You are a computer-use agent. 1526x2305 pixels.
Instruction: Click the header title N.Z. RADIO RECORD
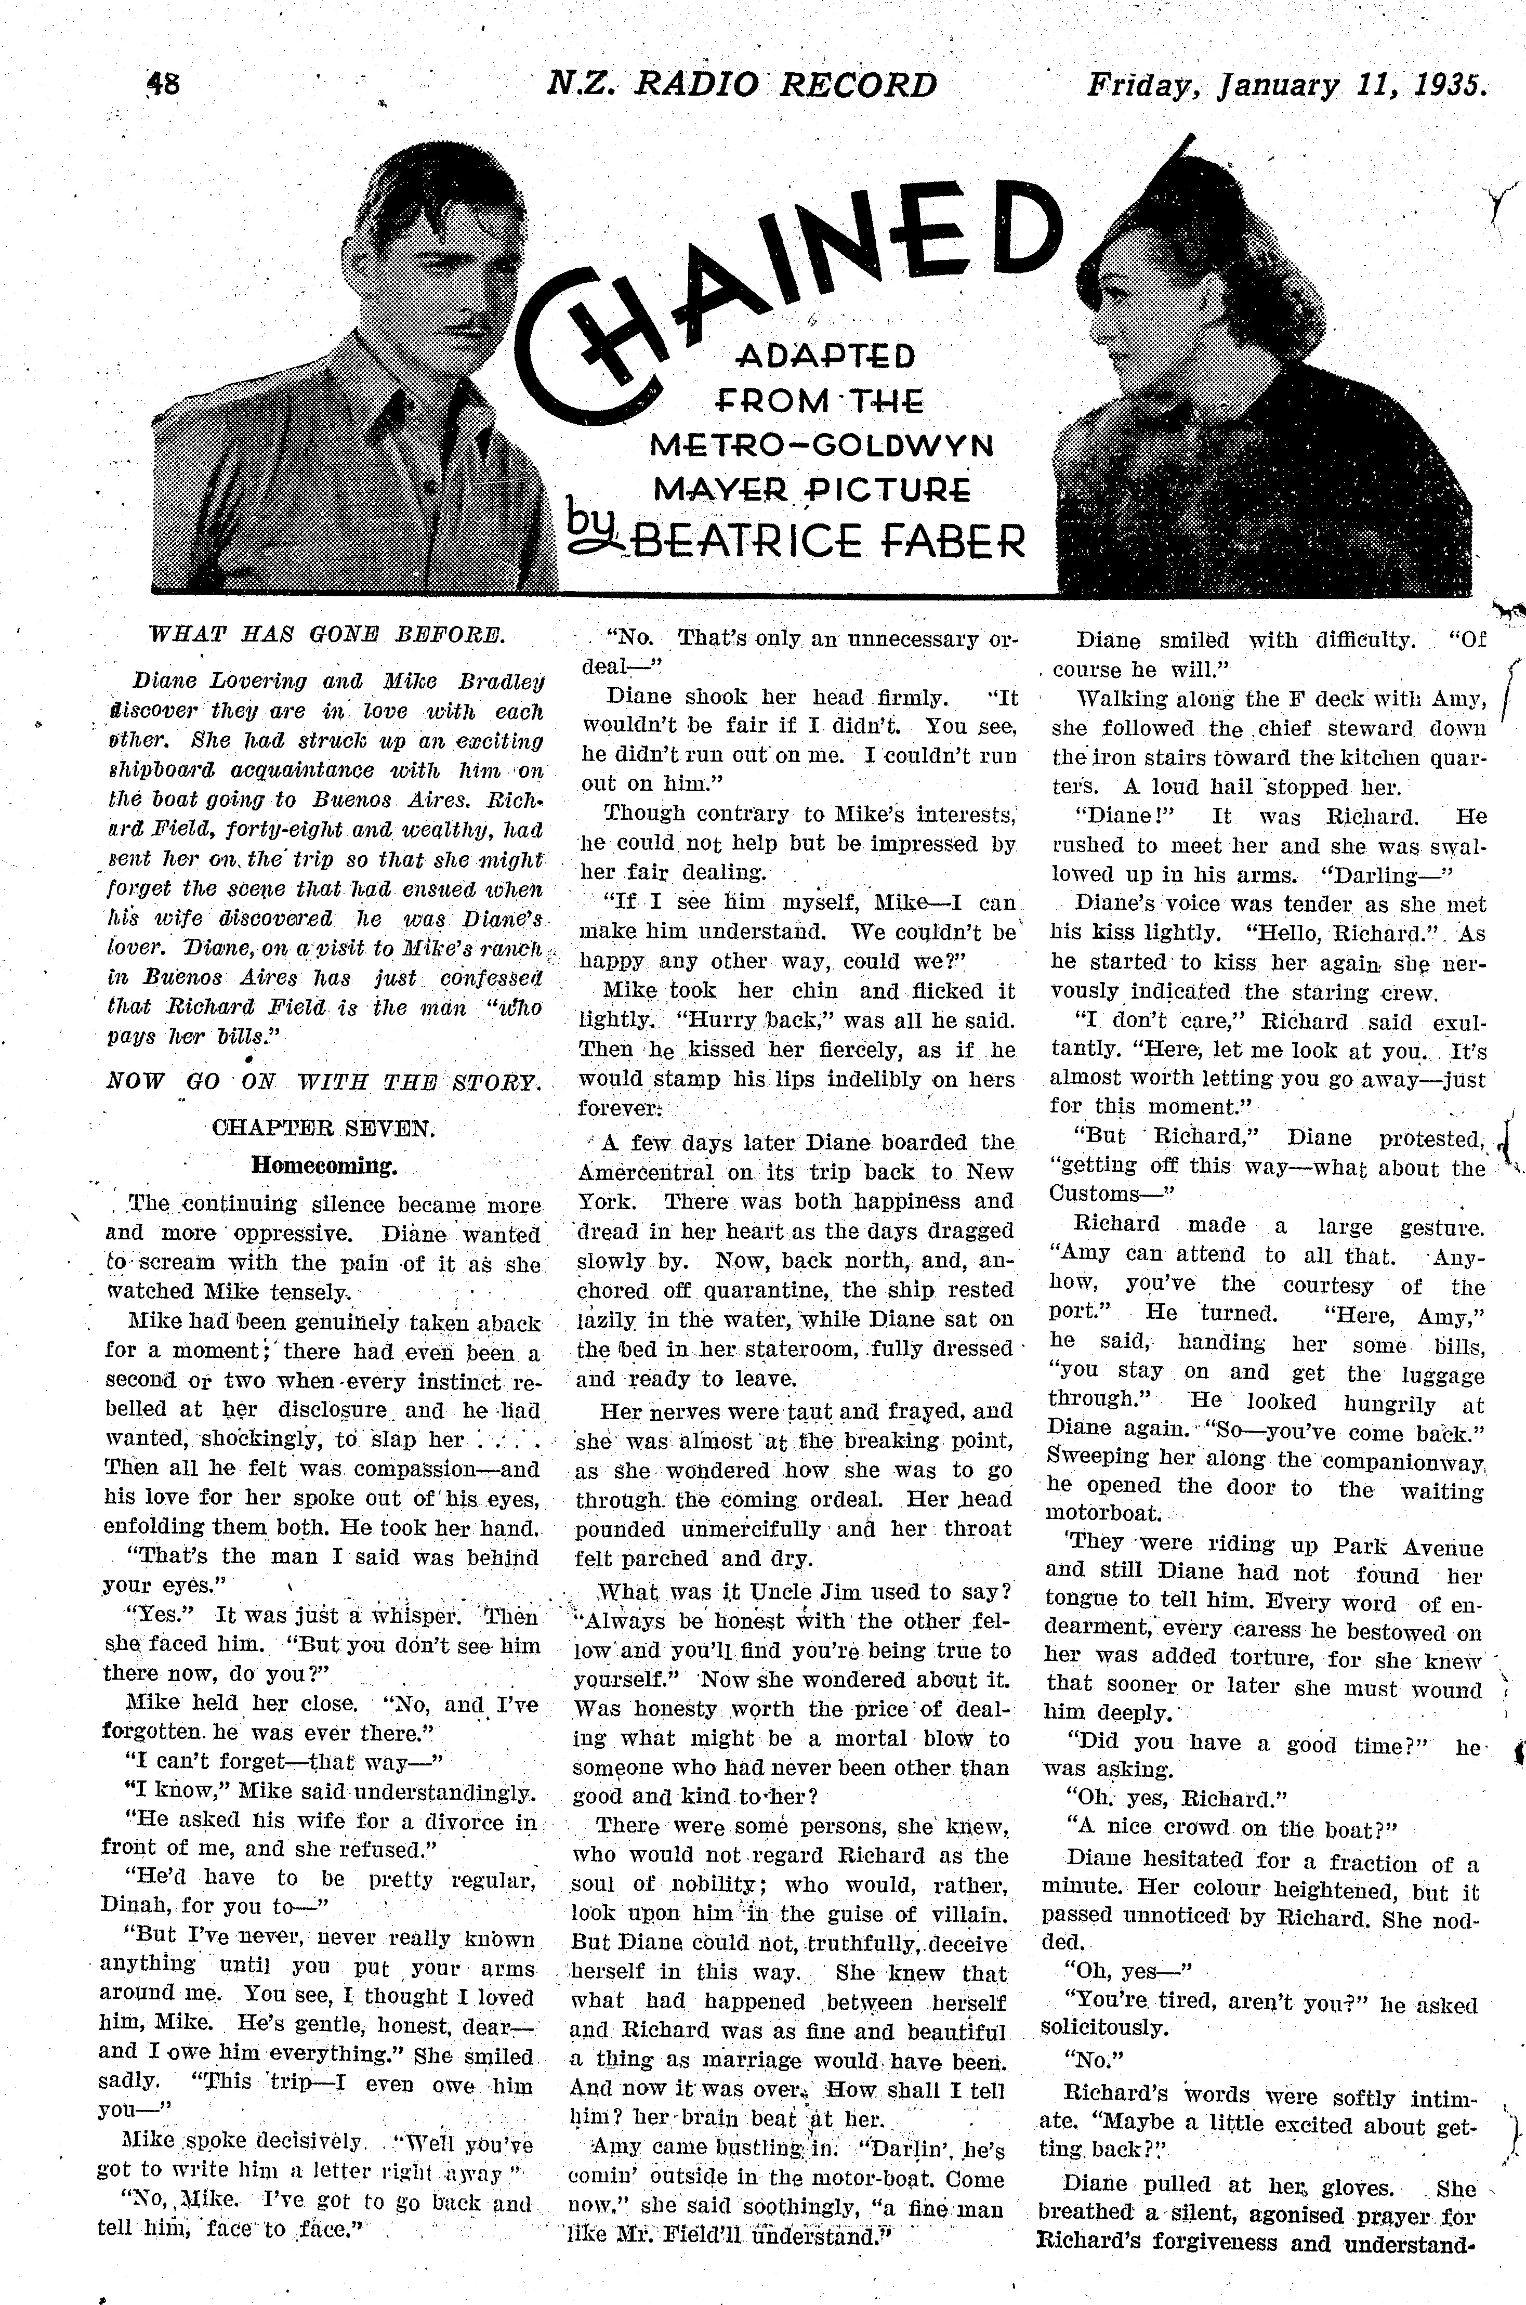point(742,86)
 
